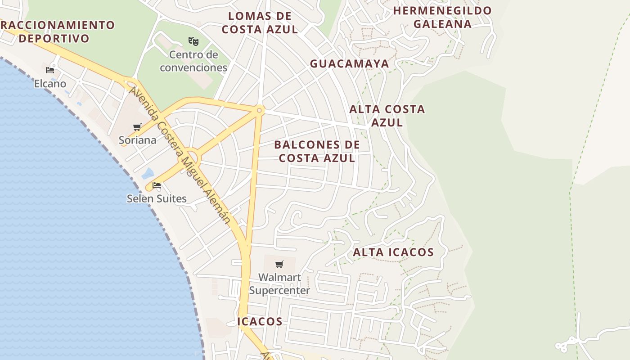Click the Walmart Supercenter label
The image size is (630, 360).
(279, 284)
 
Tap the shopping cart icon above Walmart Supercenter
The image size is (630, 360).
(279, 264)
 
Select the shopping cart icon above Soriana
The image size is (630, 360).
(137, 127)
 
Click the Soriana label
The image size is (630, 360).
(138, 140)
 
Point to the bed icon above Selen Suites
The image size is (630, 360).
(157, 185)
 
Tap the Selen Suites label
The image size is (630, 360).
(157, 198)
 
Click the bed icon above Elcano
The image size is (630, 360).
(50, 70)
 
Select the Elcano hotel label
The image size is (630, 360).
(50, 84)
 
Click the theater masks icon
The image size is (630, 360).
(193, 41)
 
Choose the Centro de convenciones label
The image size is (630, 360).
(193, 61)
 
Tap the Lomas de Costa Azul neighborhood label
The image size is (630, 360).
(260, 22)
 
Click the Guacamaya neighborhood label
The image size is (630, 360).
(349, 63)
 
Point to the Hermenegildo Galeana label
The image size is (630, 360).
(442, 17)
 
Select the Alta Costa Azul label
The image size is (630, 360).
(387, 116)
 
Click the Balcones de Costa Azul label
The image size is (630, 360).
(317, 151)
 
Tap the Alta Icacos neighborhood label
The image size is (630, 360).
(393, 252)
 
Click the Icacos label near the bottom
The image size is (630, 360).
(260, 321)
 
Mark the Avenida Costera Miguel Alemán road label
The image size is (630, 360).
(180, 155)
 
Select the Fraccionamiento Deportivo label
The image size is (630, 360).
(56, 31)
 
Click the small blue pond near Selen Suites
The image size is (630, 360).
(148, 173)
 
